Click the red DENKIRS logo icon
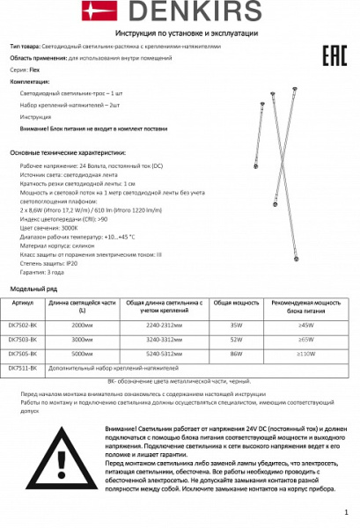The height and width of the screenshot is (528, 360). click(x=93, y=11)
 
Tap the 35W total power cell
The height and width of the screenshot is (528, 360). click(x=237, y=325)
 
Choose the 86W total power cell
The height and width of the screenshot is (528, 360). click(x=237, y=353)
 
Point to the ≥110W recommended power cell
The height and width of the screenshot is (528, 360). click(x=306, y=353)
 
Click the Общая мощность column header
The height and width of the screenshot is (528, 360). click(x=237, y=302)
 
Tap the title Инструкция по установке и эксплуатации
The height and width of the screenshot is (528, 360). click(x=180, y=32)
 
